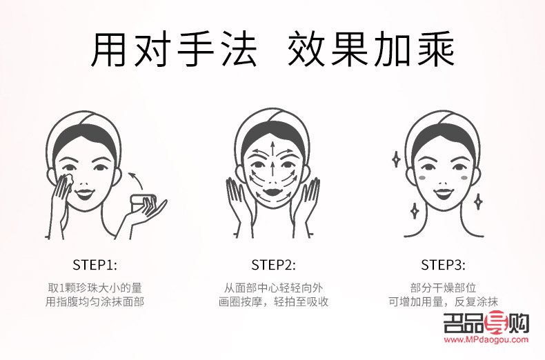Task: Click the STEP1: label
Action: coord(95,264)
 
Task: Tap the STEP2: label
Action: coord(272,264)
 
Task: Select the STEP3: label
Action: coord(443,264)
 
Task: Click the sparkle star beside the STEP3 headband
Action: coord(396,159)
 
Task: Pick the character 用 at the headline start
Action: coord(111,47)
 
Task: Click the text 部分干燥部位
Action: coord(443,287)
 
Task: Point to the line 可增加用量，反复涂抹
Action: coord(443,301)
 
